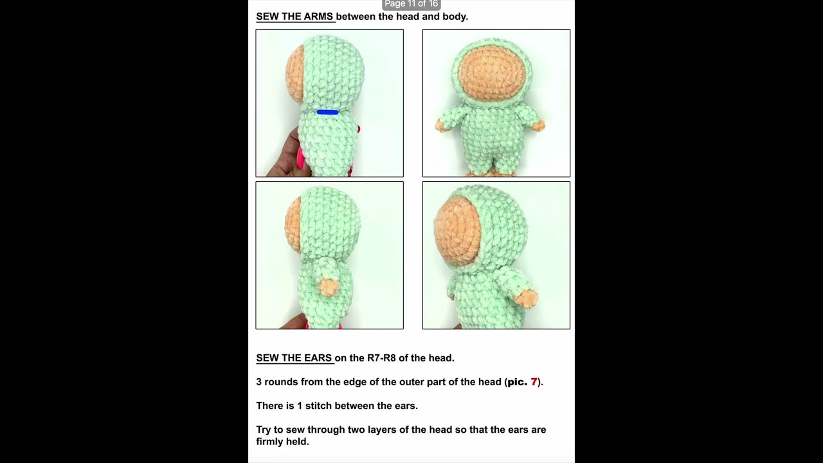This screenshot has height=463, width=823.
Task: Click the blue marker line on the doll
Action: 327,113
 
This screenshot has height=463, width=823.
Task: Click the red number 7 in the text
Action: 534,382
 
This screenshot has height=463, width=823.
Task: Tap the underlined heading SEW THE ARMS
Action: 294,17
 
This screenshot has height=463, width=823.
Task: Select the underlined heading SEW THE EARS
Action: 294,358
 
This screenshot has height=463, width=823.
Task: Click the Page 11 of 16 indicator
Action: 411,4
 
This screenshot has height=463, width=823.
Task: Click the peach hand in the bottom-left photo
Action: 329,287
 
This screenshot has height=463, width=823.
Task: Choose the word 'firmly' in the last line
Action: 275,442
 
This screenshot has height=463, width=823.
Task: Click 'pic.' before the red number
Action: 517,382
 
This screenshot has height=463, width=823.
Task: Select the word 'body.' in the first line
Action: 455,17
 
